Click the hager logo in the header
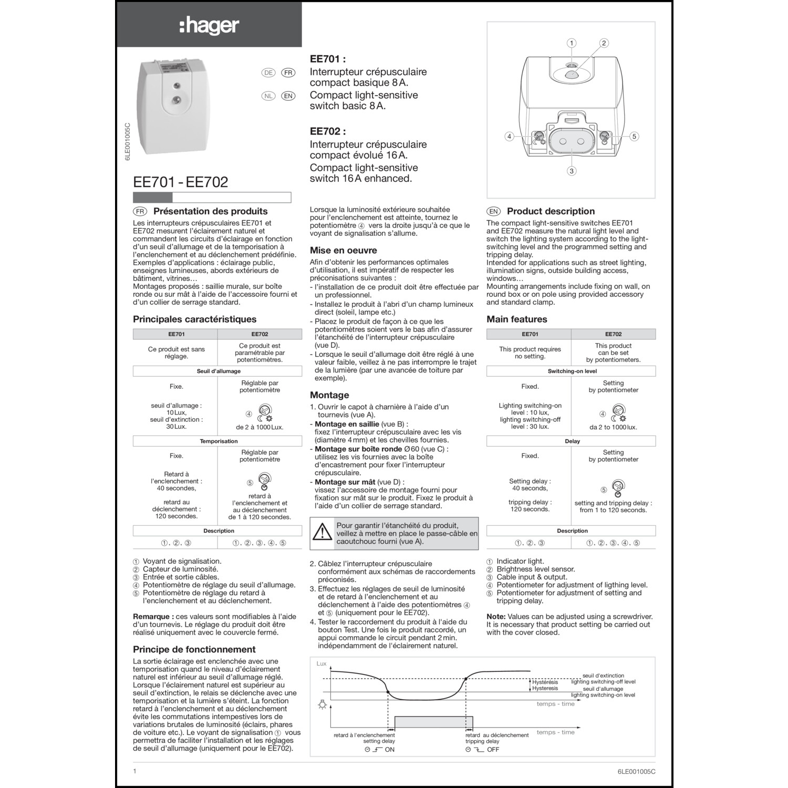[x=209, y=25]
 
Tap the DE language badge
[x=268, y=73]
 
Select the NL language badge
[x=268, y=96]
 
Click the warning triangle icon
[x=322, y=533]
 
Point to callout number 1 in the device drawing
[x=572, y=43]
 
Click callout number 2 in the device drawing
[x=604, y=43]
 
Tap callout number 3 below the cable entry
[x=572, y=171]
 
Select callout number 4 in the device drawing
[x=509, y=137]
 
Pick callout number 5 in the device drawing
[x=634, y=137]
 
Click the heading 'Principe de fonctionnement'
[x=194, y=649]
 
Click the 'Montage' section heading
[x=329, y=395]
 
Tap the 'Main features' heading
[x=516, y=319]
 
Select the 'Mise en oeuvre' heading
[x=343, y=251]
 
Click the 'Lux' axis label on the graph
[x=322, y=664]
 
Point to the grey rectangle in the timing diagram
[x=433, y=722]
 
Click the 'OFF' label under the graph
[x=493, y=750]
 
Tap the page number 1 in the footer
[x=134, y=771]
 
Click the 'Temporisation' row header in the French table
[x=219, y=441]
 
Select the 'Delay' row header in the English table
[x=572, y=441]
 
